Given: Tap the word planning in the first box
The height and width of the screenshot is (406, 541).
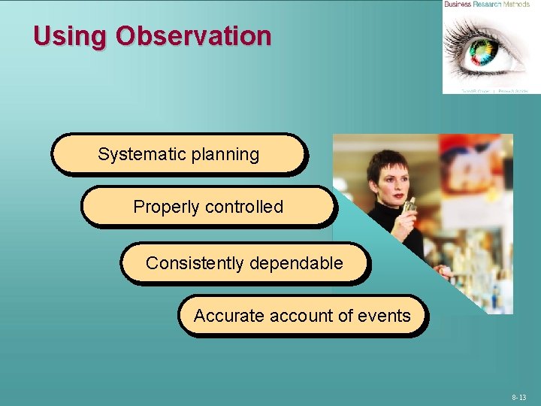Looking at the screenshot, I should click(x=225, y=155).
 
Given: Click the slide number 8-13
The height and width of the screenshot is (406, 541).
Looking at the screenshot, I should click(x=519, y=397).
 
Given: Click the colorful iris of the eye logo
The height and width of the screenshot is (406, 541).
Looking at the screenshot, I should click(x=482, y=53).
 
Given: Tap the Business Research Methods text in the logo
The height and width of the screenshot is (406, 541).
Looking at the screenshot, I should click(x=486, y=5).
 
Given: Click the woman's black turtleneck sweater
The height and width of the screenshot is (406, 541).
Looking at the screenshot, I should click(x=398, y=233).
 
